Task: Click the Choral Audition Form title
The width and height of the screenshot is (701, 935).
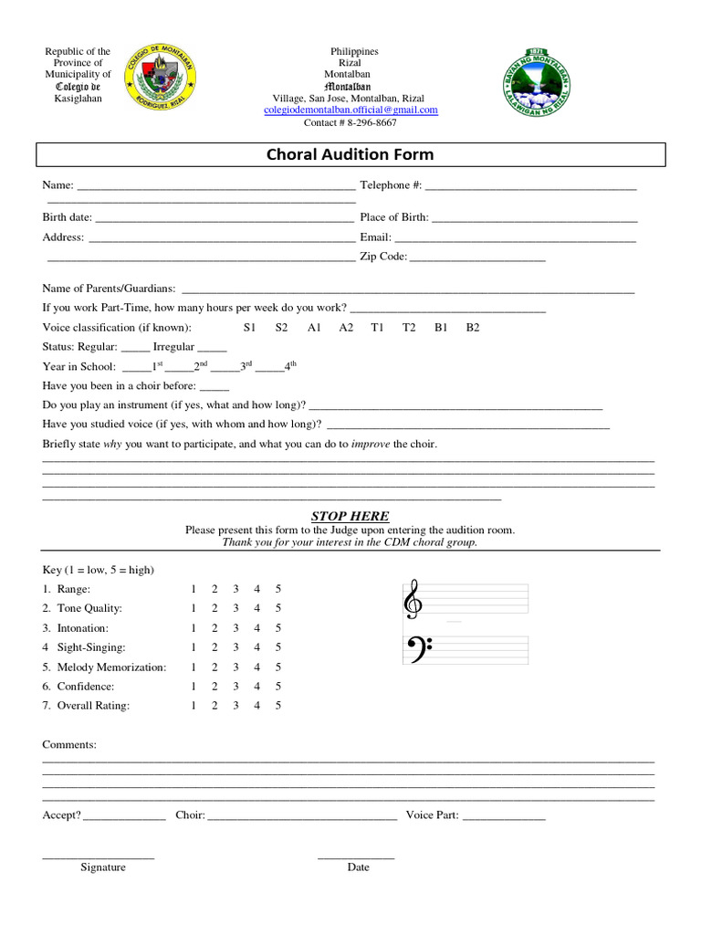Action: pyautogui.click(x=350, y=154)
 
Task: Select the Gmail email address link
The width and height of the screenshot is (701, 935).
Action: pyautogui.click(x=350, y=110)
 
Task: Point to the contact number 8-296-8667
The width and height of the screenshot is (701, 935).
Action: pyautogui.click(x=350, y=122)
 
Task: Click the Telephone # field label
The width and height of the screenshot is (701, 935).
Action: pyautogui.click(x=391, y=185)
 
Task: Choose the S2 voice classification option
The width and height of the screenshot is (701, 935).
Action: pyautogui.click(x=281, y=328)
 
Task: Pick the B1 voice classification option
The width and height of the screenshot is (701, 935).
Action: pyautogui.click(x=441, y=328)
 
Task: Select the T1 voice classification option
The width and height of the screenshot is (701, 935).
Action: pyautogui.click(x=377, y=328)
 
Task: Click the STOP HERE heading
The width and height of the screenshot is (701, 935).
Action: pyautogui.click(x=350, y=516)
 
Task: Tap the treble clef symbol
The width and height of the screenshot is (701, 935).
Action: pyautogui.click(x=413, y=599)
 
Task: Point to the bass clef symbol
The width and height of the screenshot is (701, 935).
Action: pyautogui.click(x=415, y=649)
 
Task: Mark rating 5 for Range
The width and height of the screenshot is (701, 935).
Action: pyautogui.click(x=278, y=589)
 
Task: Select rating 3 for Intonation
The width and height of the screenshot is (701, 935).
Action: pyautogui.click(x=235, y=628)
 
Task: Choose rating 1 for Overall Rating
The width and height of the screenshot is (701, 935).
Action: pyautogui.click(x=193, y=706)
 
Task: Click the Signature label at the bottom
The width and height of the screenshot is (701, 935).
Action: pyautogui.click(x=103, y=867)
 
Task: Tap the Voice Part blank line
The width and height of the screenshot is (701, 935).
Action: pyautogui.click(x=504, y=816)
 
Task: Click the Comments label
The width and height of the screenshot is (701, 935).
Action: pyautogui.click(x=69, y=745)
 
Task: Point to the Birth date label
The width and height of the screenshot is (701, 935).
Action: pyautogui.click(x=67, y=217)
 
